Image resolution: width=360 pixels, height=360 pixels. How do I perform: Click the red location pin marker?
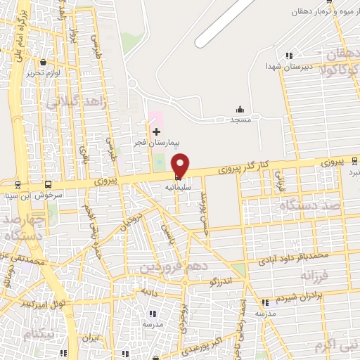[180, 165]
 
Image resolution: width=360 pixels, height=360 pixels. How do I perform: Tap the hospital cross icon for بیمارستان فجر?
[156, 131]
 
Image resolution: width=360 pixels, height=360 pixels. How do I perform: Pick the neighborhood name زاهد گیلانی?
[77, 102]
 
